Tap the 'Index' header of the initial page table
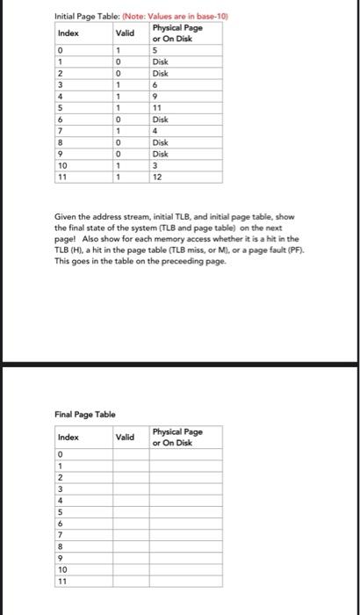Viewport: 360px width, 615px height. [x=68, y=33]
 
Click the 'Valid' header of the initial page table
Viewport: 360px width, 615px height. [x=125, y=33]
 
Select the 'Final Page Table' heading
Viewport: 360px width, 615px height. [x=80, y=413]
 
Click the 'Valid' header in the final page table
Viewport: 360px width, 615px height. [x=125, y=437]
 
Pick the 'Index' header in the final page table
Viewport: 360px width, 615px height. [x=68, y=437]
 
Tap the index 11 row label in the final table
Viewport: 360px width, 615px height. [x=61, y=581]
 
